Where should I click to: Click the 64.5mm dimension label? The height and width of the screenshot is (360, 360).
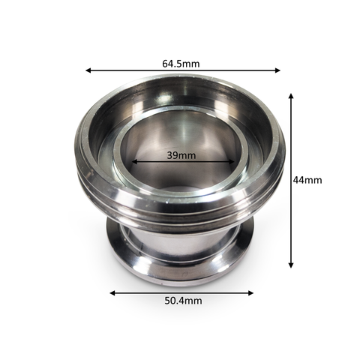coord(181,64)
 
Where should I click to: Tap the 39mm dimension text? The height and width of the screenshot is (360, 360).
coord(181,155)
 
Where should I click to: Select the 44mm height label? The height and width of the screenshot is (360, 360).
coord(307,180)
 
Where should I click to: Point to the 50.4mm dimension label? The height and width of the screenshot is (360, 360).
coord(183,301)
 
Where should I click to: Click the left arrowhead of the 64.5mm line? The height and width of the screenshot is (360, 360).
coord(88,70)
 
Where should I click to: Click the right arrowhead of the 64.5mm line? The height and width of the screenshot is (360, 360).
coord(277,70)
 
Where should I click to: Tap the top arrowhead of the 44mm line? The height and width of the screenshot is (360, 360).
coord(291,96)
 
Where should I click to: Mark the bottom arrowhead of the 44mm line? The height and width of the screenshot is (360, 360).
coord(291,265)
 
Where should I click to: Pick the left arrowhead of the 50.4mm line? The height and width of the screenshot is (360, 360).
coord(112,293)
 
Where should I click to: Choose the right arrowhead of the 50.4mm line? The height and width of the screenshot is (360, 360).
coord(250,293)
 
